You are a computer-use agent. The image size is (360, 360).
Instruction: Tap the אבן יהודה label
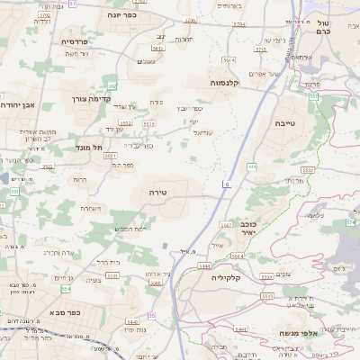[17, 104]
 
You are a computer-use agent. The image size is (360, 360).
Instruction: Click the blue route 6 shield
[227, 184]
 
